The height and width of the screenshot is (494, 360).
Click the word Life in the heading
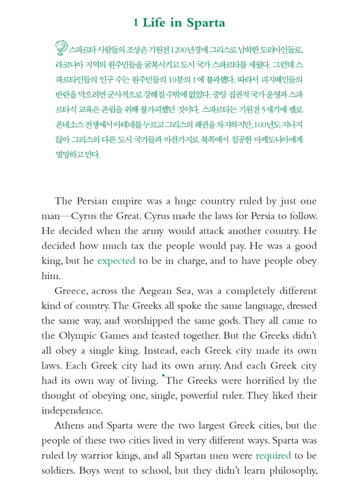tap(154, 23)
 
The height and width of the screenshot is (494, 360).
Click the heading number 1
tap(135, 23)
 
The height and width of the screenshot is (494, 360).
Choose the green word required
tap(273, 456)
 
